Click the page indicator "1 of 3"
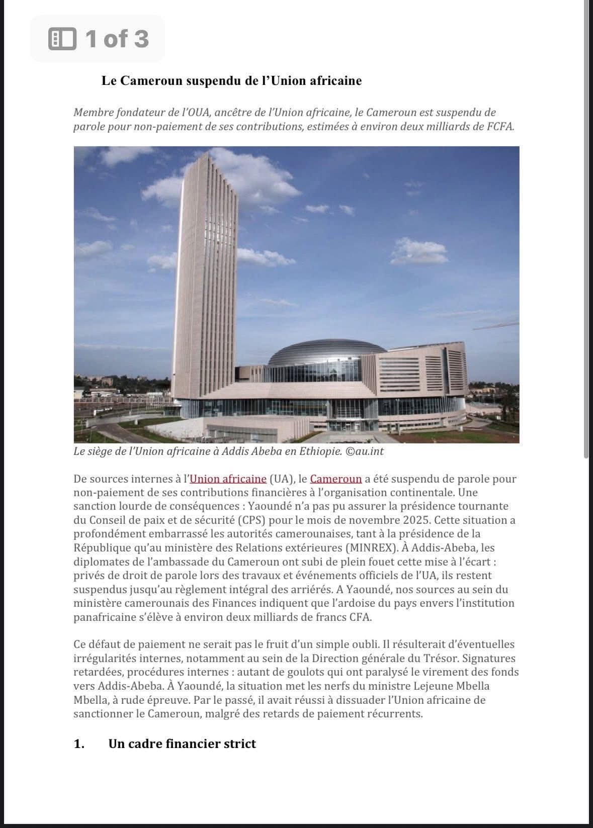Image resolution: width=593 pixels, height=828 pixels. coord(117,39)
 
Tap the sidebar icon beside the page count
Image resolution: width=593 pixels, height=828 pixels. coord(62,39)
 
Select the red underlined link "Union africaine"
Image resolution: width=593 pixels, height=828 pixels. coord(228,479)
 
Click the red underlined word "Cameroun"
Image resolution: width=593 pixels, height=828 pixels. coord(336,479)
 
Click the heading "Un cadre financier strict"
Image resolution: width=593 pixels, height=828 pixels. coord(182,744)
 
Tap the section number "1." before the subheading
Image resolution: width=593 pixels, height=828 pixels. coord(79,744)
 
